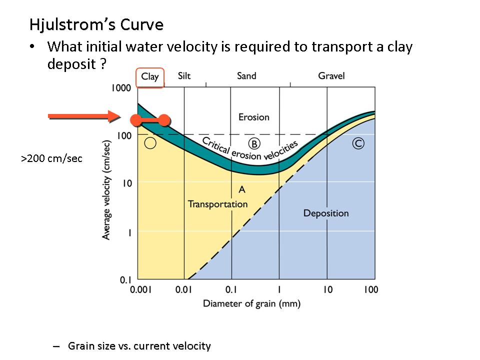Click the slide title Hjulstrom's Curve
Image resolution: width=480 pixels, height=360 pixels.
point(96,24)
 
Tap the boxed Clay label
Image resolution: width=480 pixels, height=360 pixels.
point(150,77)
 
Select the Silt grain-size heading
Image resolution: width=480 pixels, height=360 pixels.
point(184,76)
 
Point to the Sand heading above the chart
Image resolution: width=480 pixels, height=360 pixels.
point(246,76)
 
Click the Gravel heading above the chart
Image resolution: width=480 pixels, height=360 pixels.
point(331,76)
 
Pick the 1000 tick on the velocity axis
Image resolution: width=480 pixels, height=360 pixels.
point(121,88)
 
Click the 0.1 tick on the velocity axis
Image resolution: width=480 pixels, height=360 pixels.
point(125,279)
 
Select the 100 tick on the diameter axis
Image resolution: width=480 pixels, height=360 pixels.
point(370,290)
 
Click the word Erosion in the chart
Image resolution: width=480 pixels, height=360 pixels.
point(253,117)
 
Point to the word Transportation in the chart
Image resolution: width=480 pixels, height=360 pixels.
point(217,204)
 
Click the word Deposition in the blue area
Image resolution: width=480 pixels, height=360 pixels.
point(326,213)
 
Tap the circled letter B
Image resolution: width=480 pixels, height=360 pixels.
point(254,144)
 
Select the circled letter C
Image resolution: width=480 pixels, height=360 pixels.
point(358,143)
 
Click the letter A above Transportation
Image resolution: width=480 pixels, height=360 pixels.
point(242,189)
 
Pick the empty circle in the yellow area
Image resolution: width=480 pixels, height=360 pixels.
point(150,143)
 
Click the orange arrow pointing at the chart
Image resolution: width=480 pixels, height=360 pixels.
point(84,117)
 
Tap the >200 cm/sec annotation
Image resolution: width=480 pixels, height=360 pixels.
point(51,159)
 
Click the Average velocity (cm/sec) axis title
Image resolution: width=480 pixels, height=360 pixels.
point(106,189)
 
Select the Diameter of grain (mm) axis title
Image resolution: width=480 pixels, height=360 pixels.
point(251,303)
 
